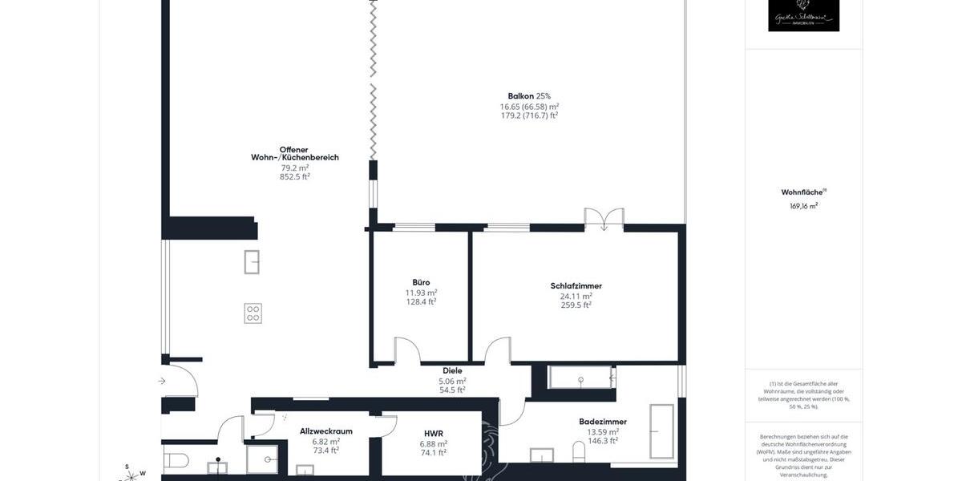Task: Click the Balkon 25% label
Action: click(529, 96)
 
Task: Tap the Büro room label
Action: click(421, 282)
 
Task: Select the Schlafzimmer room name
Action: click(576, 286)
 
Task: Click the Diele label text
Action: click(452, 371)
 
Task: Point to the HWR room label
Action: click(435, 434)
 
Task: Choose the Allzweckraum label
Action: click(326, 431)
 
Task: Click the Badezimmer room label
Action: click(603, 422)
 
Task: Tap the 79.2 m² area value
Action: click(294, 168)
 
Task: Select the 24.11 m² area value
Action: click(576, 296)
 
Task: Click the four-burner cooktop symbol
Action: click(253, 313)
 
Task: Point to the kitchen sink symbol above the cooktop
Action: click(252, 261)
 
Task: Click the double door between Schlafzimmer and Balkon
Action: click(604, 219)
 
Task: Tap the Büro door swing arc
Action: click(408, 350)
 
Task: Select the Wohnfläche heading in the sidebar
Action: click(802, 192)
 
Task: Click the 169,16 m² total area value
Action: click(803, 206)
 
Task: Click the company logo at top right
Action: click(803, 15)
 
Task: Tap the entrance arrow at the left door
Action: click(163, 381)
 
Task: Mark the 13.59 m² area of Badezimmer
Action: click(603, 431)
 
